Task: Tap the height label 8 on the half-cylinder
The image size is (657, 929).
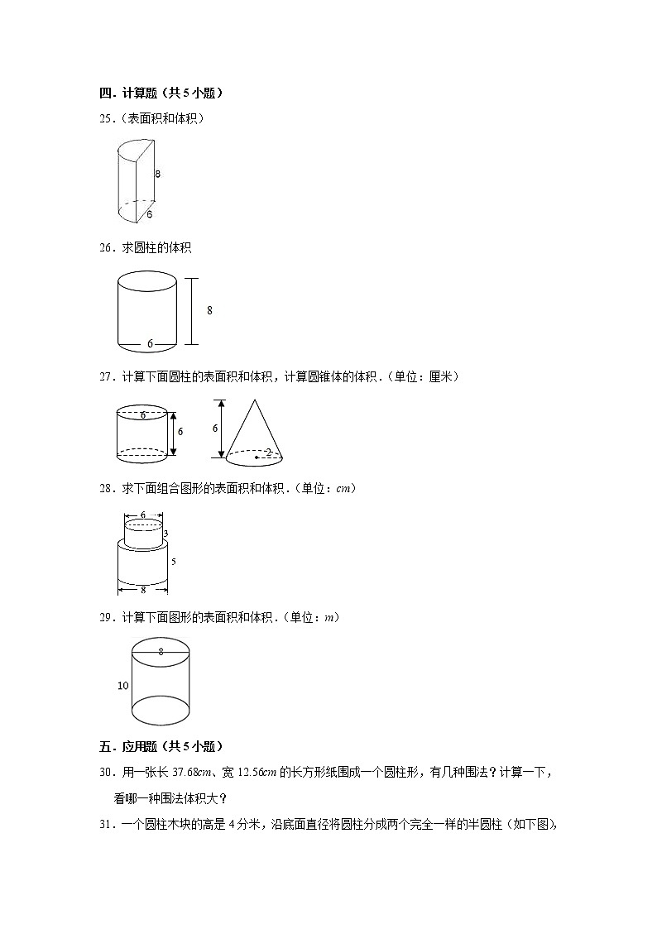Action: (157, 174)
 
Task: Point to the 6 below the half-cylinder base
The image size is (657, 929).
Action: (149, 214)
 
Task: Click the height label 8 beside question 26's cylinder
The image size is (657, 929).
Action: (209, 310)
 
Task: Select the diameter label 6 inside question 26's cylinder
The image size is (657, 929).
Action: (150, 343)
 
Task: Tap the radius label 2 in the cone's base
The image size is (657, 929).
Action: (268, 453)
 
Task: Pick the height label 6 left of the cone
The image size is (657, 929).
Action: (215, 429)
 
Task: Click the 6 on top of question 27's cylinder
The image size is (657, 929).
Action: (142, 414)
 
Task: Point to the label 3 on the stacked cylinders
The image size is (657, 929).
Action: (166, 534)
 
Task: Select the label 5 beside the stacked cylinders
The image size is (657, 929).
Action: (173, 562)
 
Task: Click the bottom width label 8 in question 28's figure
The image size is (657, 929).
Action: (142, 590)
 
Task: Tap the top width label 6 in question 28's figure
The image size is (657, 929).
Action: (142, 515)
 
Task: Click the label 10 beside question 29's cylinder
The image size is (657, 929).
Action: (123, 686)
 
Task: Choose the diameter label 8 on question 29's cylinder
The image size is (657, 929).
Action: (161, 652)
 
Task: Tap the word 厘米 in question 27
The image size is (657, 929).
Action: (441, 376)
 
